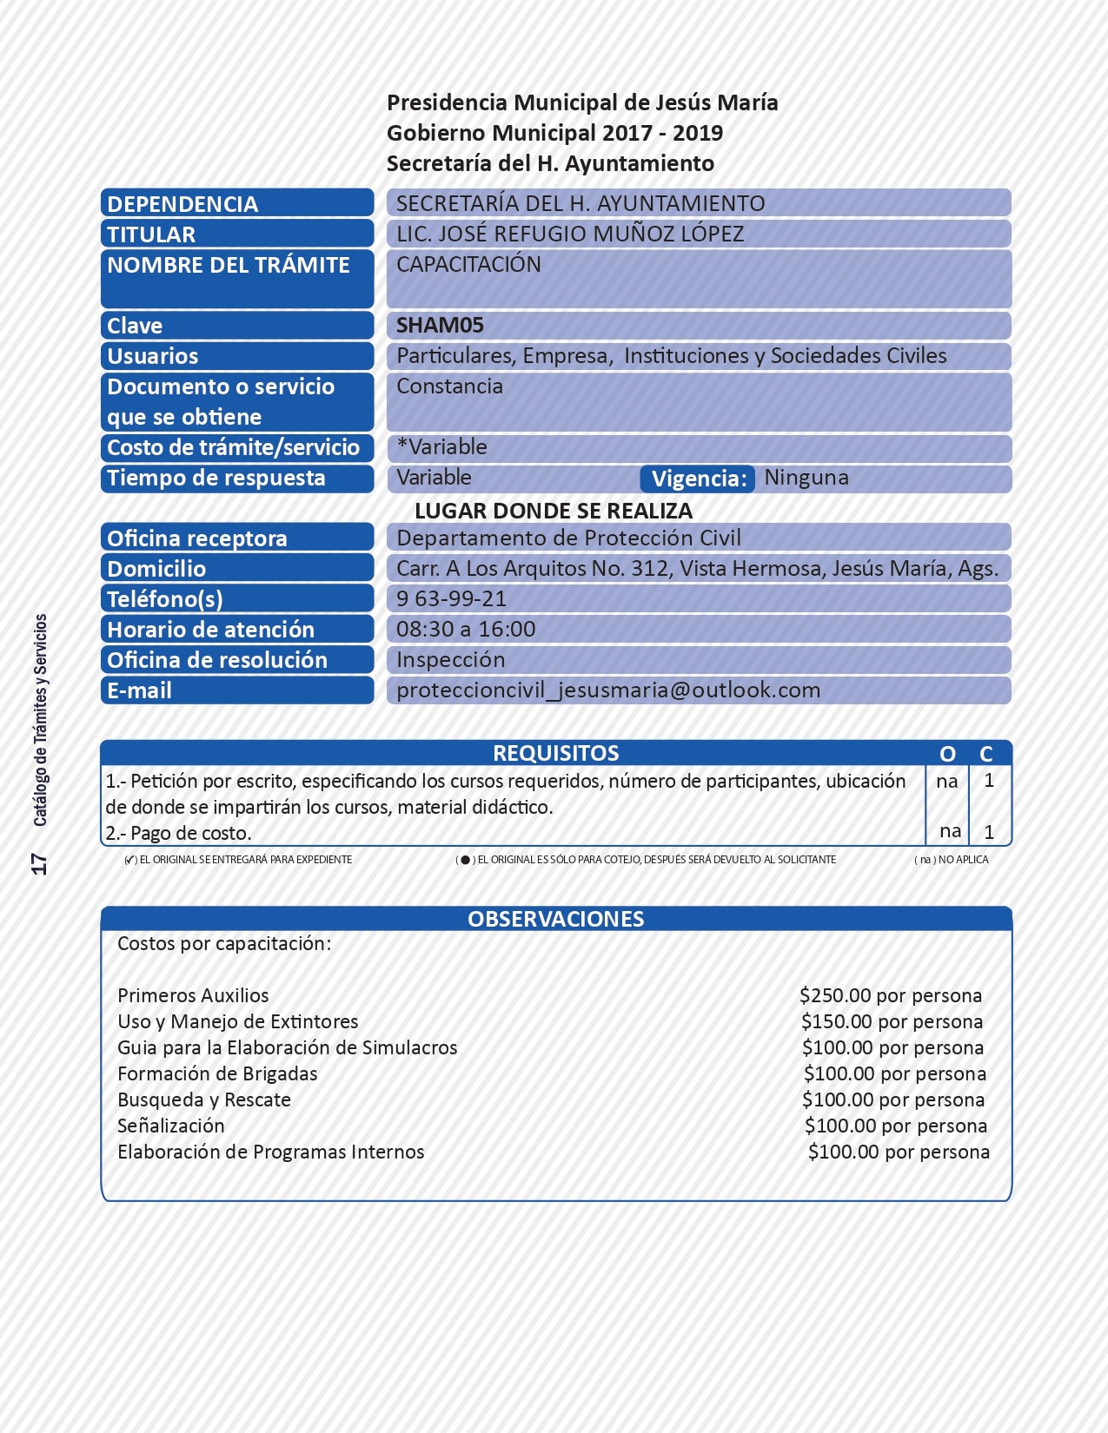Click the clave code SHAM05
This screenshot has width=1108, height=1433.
tap(440, 326)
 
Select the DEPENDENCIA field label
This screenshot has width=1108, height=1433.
tap(182, 204)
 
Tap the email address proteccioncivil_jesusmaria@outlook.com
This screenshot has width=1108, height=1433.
tap(608, 690)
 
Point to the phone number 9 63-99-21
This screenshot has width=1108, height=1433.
tap(451, 599)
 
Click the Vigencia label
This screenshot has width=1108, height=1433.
tap(699, 479)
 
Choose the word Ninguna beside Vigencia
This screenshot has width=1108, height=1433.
tap(806, 478)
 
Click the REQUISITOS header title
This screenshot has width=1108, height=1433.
tap(555, 753)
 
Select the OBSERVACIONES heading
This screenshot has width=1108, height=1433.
tap(555, 919)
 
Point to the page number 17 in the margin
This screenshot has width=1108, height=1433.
tap(39, 863)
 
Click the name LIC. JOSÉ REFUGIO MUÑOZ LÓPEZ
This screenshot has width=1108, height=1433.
tap(570, 234)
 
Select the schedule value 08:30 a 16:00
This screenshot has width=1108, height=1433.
tap(466, 630)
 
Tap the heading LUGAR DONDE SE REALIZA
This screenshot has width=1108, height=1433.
tap(554, 511)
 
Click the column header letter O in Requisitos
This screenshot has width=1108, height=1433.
tap(947, 754)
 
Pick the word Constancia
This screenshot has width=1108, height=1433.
tap(449, 386)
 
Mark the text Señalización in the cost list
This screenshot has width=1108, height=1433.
tap(171, 1126)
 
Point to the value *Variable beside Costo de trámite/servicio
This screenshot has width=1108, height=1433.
tap(441, 447)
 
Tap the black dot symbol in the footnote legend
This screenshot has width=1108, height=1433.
tap(465, 860)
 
